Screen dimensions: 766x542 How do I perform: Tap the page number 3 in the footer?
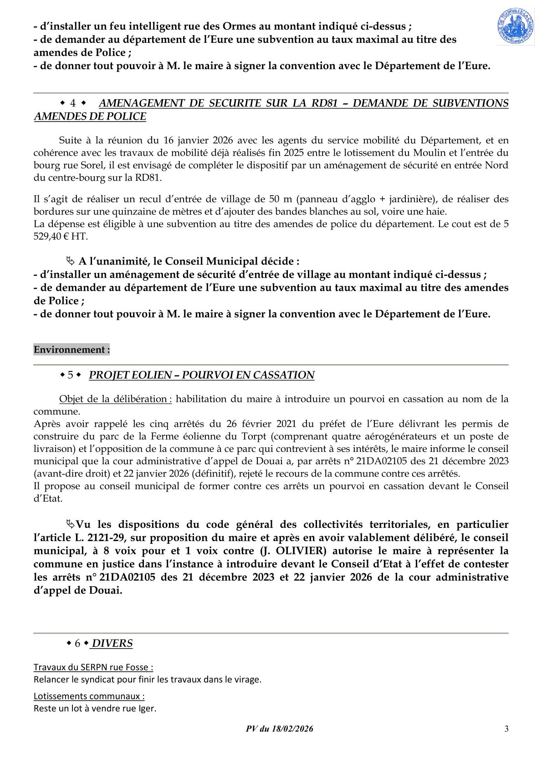[506, 729]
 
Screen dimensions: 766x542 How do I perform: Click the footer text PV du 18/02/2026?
[280, 729]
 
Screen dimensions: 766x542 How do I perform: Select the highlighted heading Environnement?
[72, 350]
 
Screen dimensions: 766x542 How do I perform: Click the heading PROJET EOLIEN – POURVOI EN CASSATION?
[201, 375]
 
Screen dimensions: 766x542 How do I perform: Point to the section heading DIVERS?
[112, 643]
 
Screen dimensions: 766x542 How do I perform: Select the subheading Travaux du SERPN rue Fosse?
[93, 667]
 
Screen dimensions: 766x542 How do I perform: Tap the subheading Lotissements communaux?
[89, 696]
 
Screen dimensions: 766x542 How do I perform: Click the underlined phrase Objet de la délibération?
[115, 399]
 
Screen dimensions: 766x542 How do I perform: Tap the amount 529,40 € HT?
[61, 237]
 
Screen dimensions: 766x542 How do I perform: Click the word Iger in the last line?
[148, 708]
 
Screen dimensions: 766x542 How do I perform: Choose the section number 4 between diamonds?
[73, 103]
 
